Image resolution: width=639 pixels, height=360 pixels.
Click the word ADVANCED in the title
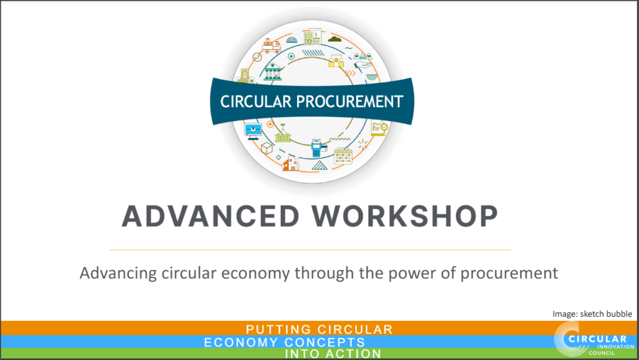[211, 216]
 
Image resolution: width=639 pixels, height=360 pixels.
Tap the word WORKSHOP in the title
[405, 216]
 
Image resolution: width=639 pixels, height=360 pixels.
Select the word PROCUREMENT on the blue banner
[349, 102]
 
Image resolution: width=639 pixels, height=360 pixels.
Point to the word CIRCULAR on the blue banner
[256, 102]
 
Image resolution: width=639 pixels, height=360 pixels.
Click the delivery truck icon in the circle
[271, 46]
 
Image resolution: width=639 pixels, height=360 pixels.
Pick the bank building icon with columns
[273, 71]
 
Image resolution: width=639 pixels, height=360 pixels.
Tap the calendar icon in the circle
[343, 156]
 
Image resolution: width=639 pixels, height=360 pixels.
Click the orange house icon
[291, 163]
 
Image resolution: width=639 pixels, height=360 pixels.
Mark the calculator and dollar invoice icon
[313, 37]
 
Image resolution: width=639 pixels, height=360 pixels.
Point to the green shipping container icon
[283, 135]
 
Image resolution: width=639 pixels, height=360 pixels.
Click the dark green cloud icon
[335, 39]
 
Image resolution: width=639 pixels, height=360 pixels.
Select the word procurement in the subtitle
[509, 273]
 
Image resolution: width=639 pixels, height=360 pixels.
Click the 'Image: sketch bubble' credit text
[592, 314]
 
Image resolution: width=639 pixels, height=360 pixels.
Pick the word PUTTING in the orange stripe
[278, 329]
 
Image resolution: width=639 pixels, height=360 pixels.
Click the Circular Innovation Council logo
[594, 339]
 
